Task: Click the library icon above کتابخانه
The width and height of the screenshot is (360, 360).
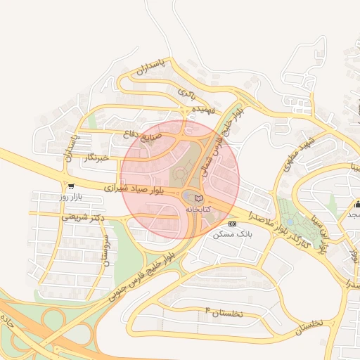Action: (198, 199)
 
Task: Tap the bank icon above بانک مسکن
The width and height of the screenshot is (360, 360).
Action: (232, 224)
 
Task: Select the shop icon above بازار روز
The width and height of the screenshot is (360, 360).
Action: (70, 186)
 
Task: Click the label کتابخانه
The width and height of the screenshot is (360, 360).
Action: (198, 210)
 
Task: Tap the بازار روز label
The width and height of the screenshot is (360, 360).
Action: (71, 197)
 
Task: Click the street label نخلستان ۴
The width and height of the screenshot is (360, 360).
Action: (223, 311)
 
